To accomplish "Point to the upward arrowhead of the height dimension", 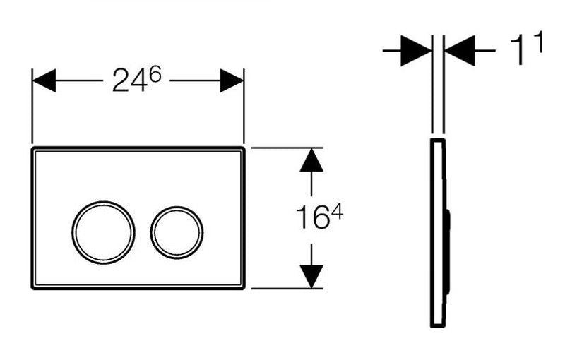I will pos(311,162).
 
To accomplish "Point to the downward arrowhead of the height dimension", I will pos(311,275).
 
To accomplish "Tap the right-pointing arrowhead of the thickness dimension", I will pos(417,51).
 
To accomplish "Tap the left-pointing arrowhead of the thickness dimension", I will pos(459,51).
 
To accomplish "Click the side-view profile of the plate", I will pos(437,232).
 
